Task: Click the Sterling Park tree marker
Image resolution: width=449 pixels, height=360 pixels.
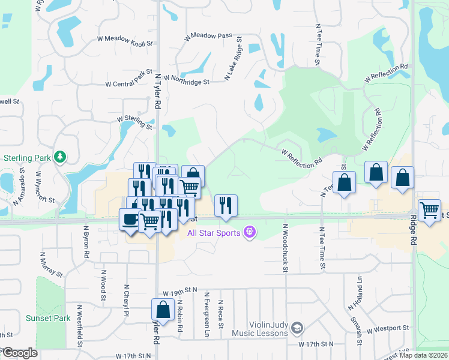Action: (x=60, y=157)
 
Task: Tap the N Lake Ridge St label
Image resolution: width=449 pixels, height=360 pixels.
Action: (x=233, y=59)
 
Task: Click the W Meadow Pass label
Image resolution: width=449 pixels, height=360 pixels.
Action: (x=208, y=36)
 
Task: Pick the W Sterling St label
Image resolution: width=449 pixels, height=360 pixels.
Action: (x=134, y=122)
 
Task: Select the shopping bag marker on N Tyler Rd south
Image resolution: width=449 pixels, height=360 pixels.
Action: (x=162, y=309)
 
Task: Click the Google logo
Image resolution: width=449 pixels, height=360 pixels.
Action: (x=19, y=352)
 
